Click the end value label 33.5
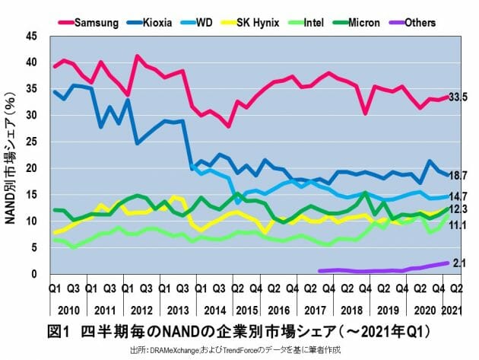pyautogui.click(x=458, y=97)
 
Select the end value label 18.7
pyautogui.click(x=458, y=176)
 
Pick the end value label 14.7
pyautogui.click(x=458, y=196)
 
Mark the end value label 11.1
pyautogui.click(x=458, y=226)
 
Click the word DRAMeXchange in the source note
pyautogui.click(x=179, y=349)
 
